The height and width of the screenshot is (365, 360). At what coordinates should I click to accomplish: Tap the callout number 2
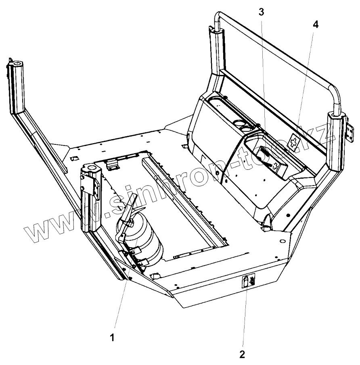[242, 355]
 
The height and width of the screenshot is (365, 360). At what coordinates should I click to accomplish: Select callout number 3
[261, 12]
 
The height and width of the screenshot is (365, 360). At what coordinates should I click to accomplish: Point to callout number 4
[315, 24]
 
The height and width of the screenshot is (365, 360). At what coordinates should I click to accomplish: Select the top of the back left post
[213, 29]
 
